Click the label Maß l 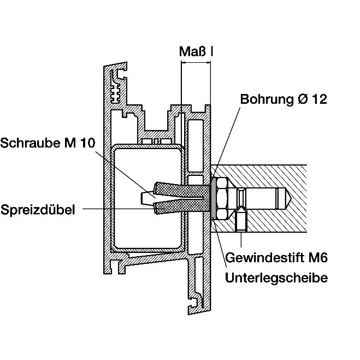[x=196, y=52]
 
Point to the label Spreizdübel [x=38, y=209]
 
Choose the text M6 [x=316, y=257]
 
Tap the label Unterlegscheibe [x=276, y=278]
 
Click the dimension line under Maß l [x=196, y=64]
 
